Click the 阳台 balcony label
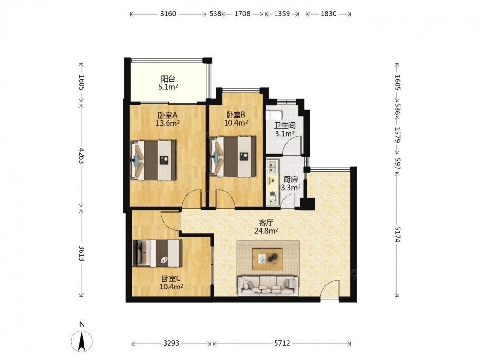point(168,79)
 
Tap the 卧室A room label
point(168,115)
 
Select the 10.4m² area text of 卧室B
point(236,123)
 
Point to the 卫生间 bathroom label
point(285,125)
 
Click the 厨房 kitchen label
point(290,180)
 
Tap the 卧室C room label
point(171,278)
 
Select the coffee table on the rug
point(267,259)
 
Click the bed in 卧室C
point(157,253)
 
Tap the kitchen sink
point(272,167)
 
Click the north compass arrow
point(82,341)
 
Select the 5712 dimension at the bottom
point(282,344)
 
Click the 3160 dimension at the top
point(168,14)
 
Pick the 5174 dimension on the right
point(397,235)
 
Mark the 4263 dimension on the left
point(81,156)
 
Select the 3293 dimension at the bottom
point(171,344)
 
